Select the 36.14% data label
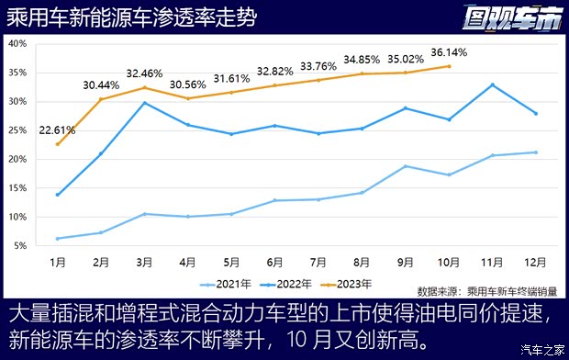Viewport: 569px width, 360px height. point(448,53)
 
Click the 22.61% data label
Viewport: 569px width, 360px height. point(57,129)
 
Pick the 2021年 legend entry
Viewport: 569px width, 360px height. point(220,283)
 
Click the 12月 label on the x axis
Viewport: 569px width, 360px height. point(536,261)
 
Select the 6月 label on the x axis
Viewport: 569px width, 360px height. point(273,261)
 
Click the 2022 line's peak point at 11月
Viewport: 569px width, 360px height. point(492,84)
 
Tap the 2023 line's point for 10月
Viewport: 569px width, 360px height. point(449,66)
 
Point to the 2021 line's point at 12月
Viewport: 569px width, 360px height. point(536,152)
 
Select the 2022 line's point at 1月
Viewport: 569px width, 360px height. point(58,195)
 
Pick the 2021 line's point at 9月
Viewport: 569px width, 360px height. point(405,166)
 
